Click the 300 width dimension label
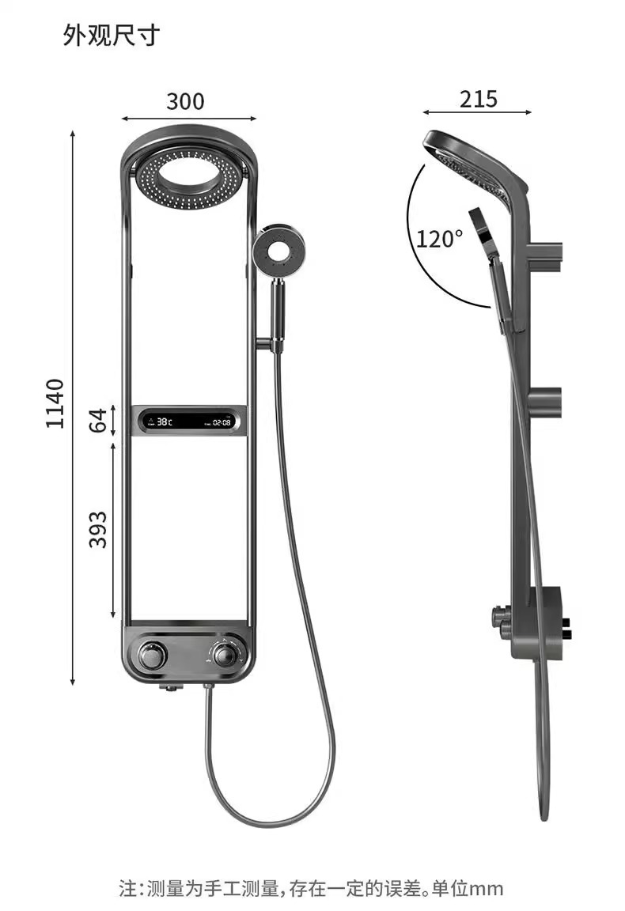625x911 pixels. (x=185, y=102)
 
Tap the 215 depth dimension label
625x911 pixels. (x=479, y=99)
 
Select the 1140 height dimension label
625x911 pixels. (x=55, y=403)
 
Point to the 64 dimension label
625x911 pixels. (x=97, y=421)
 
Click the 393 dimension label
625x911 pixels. (x=97, y=530)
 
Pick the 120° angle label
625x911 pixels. (x=439, y=238)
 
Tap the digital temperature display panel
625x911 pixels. (x=188, y=421)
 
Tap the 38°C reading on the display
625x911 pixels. (x=164, y=422)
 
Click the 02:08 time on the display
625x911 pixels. (x=222, y=423)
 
